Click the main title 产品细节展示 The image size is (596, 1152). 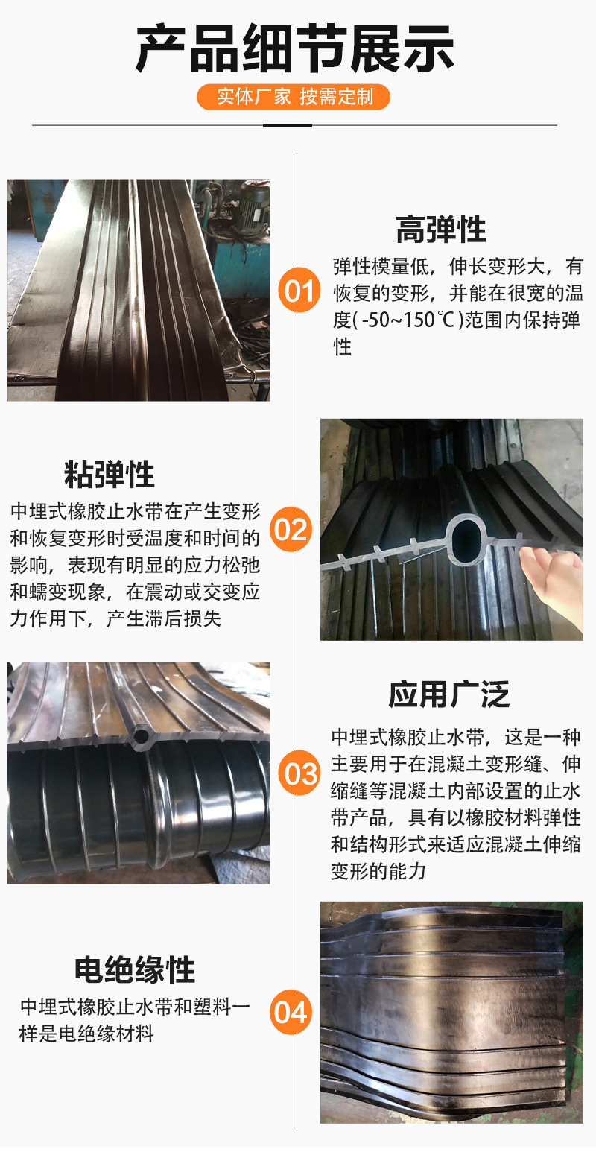295,48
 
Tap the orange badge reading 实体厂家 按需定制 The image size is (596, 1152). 294,97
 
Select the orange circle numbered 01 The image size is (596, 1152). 299,290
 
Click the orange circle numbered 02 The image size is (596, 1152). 291,529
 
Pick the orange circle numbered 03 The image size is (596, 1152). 299,773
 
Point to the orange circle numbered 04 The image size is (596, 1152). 291,1012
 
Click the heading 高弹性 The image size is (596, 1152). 441,230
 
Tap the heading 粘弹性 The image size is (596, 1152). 109,474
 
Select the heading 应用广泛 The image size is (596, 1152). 449,694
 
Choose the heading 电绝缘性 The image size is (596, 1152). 135,970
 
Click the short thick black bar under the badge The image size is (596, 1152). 288,125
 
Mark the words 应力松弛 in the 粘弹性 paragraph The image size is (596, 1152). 221,565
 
